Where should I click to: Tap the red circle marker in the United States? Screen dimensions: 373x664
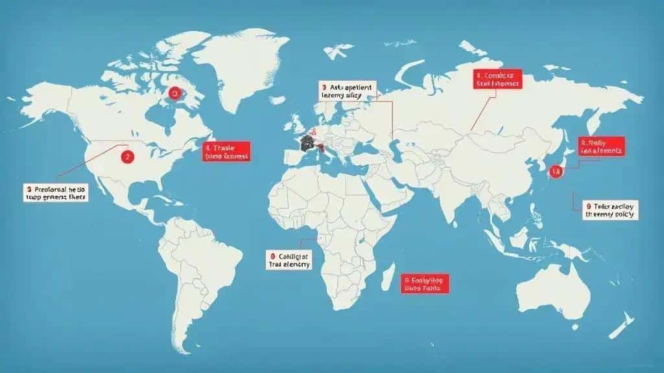126,156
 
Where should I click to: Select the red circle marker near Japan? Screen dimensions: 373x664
555,172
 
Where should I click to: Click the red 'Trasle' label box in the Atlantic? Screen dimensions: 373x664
226,151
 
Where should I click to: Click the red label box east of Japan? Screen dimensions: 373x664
602,146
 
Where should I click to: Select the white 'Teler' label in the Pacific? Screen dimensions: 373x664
610,209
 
